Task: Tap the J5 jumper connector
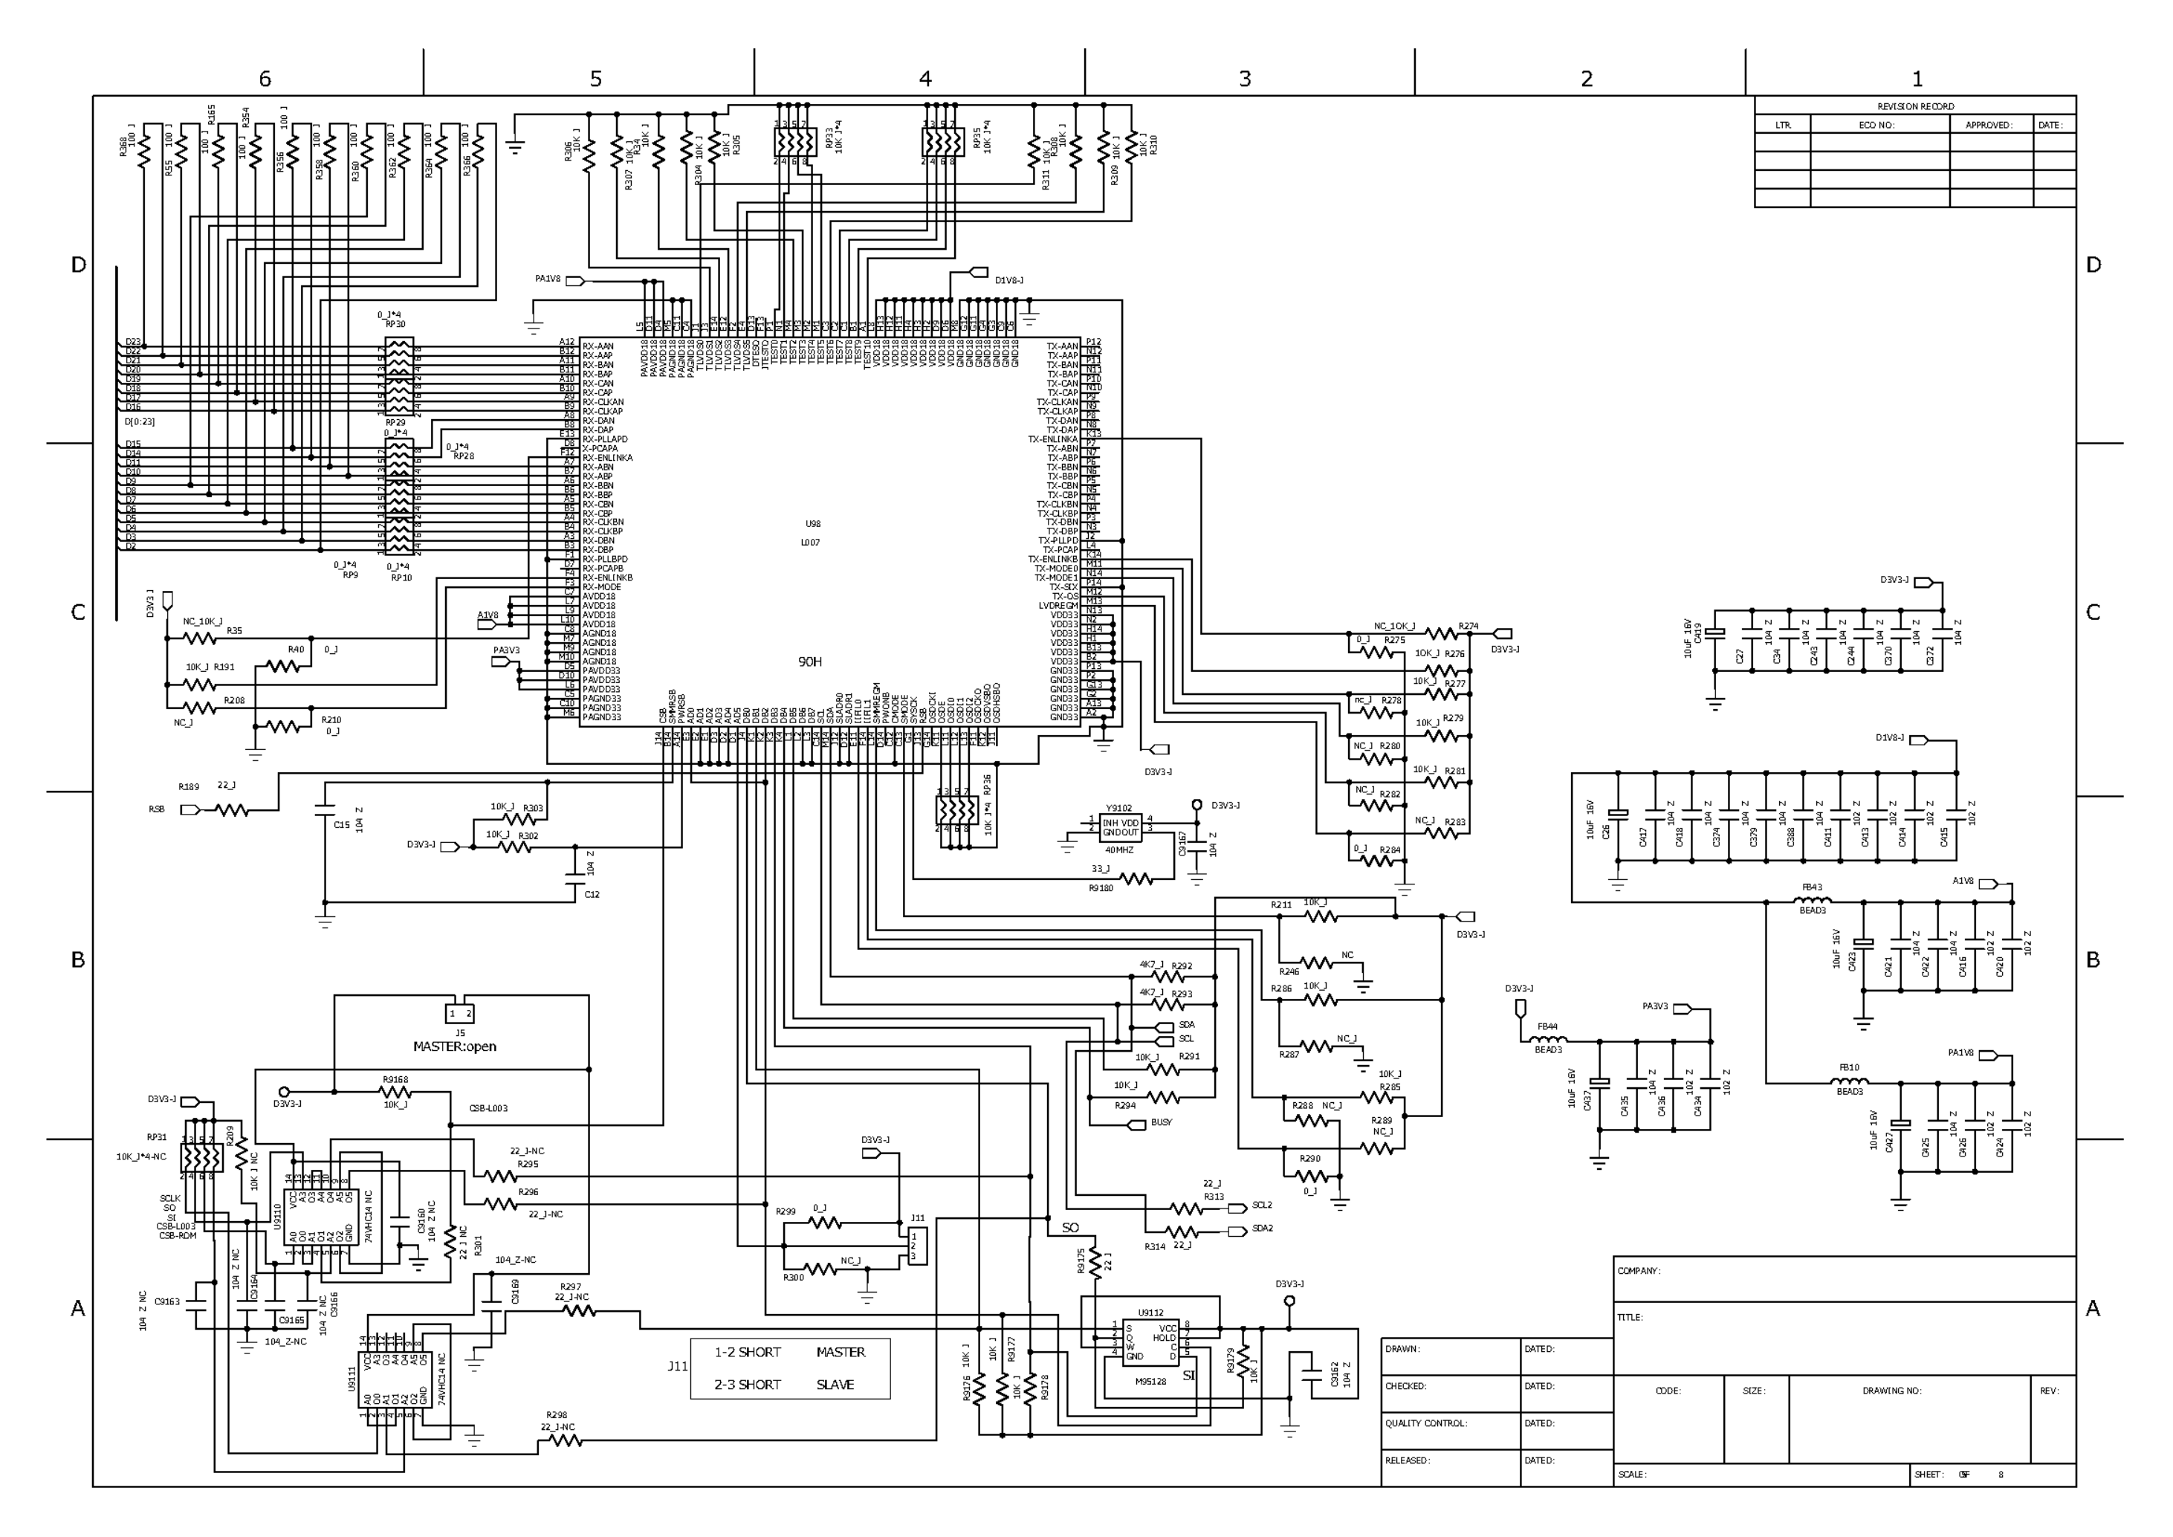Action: tap(460, 1014)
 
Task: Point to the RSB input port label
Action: tap(156, 809)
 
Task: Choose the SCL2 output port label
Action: tap(1262, 1206)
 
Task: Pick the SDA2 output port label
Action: tap(1262, 1229)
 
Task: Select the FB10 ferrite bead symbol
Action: tap(1849, 1080)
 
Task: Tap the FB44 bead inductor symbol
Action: tap(1548, 1039)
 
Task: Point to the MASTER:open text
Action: tap(454, 1046)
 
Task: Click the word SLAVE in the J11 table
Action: tap(835, 1385)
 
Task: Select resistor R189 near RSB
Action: tap(232, 810)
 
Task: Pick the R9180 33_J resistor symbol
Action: tap(1136, 879)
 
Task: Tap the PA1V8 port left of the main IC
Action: tap(574, 280)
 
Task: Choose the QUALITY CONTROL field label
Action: tap(1425, 1423)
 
